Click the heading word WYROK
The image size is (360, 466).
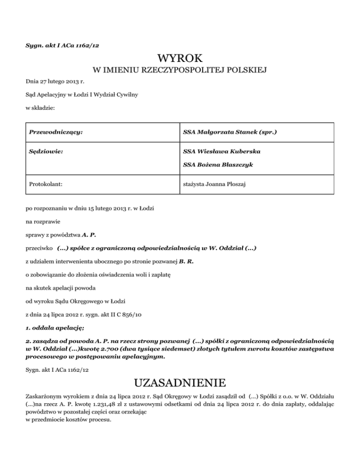[x=180, y=59]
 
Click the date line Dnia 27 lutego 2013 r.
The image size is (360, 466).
[x=52, y=82]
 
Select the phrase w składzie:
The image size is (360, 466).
[x=41, y=108]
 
